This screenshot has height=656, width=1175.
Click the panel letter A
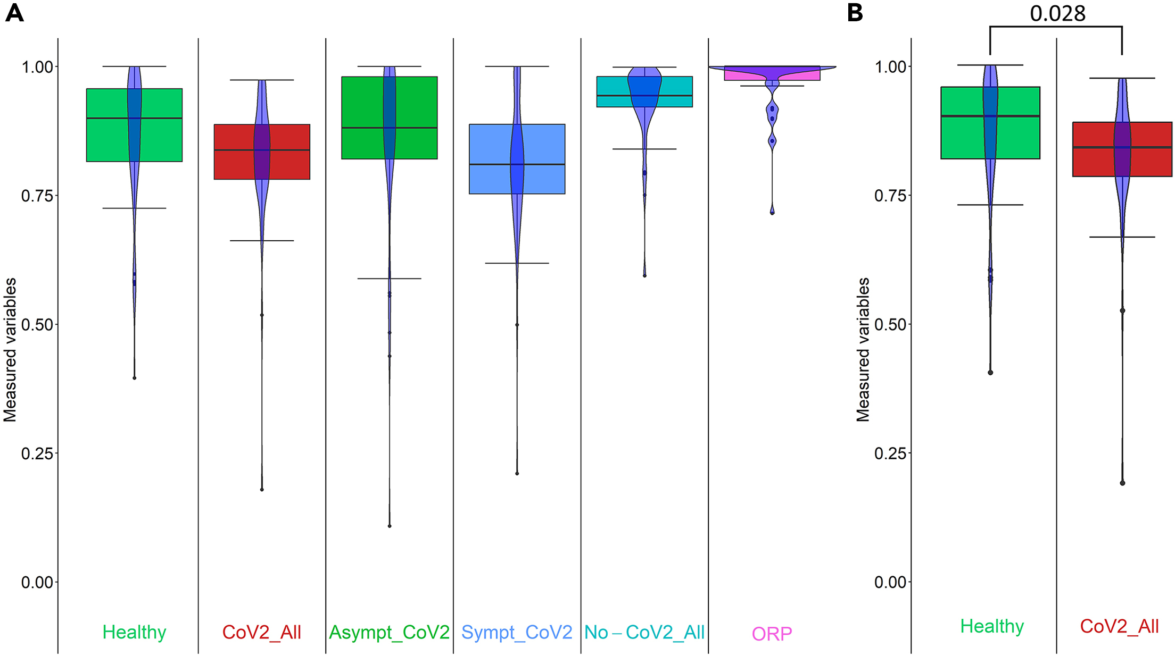[14, 12]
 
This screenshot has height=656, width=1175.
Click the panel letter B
[855, 12]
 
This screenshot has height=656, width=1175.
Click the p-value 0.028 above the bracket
[1057, 14]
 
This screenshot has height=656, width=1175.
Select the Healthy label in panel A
[134, 632]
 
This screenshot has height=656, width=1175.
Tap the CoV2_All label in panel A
[261, 632]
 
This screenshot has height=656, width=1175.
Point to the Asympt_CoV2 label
[389, 632]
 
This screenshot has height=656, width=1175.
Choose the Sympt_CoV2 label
[517, 632]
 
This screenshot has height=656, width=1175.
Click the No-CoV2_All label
[644, 632]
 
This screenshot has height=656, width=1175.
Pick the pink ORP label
[772, 634]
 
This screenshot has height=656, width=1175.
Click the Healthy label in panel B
[992, 626]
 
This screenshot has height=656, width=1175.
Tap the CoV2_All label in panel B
[1119, 626]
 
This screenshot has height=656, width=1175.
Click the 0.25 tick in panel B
[890, 453]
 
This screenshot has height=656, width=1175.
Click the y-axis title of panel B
[863, 350]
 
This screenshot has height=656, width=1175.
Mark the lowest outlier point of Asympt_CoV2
[390, 526]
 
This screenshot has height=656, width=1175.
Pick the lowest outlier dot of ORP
[772, 213]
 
